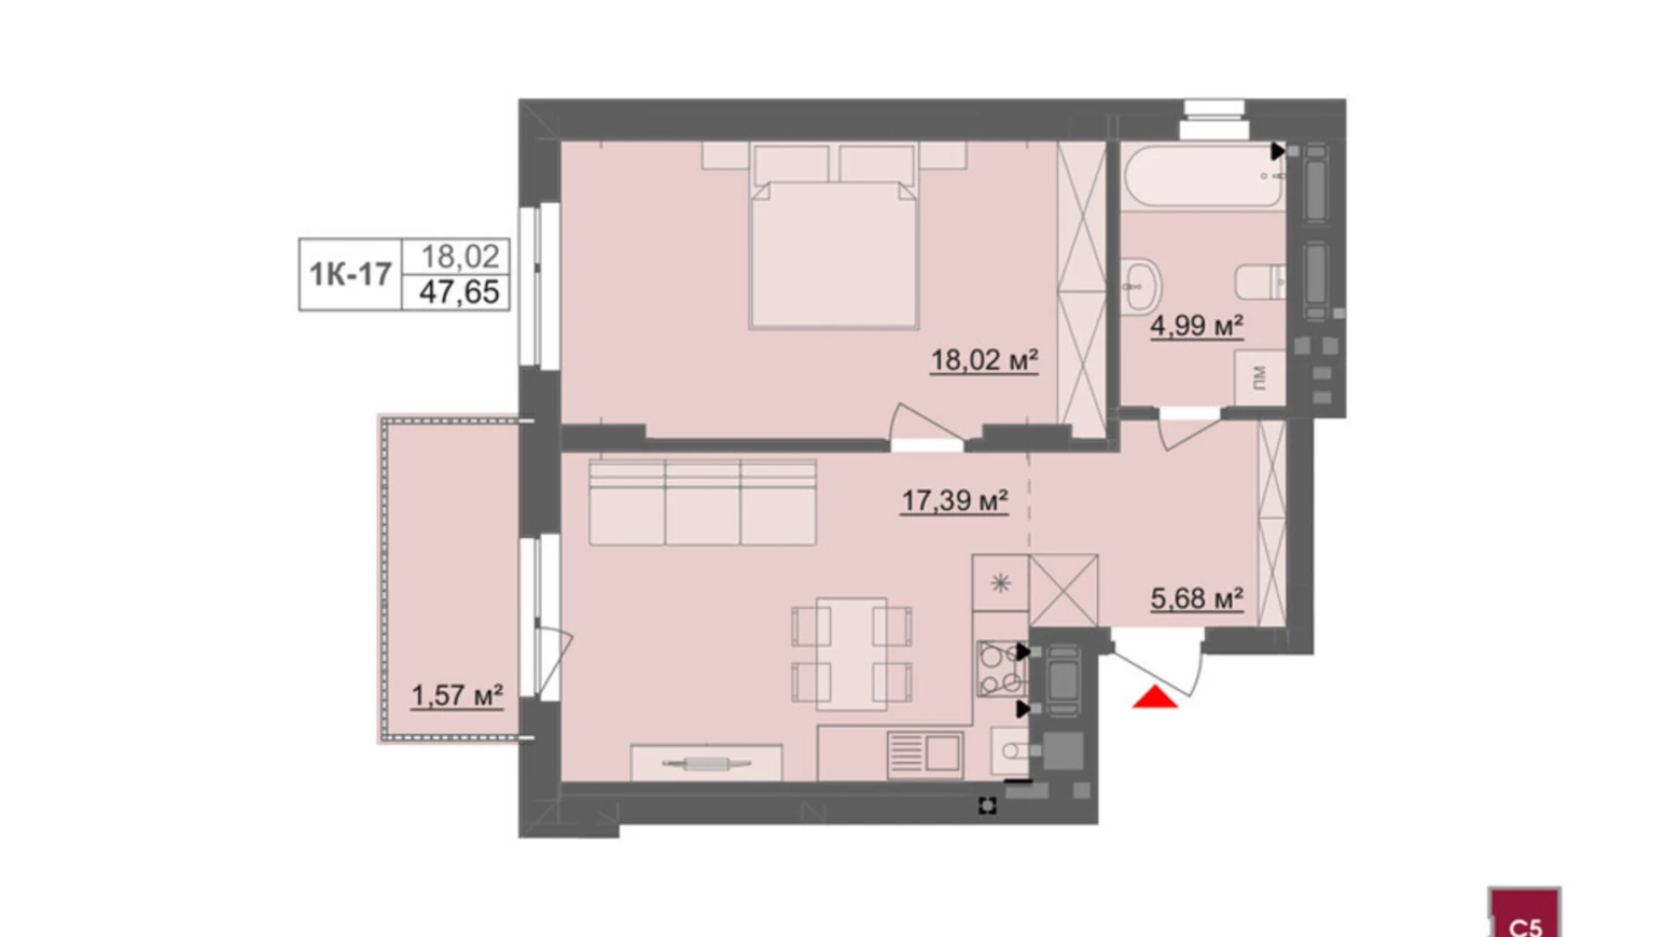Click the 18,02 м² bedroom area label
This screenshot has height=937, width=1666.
[983, 361]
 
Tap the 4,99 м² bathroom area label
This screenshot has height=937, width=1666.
[1196, 325]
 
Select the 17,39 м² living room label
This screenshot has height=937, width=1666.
[954, 501]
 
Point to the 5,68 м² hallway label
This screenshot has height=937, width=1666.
[1197, 598]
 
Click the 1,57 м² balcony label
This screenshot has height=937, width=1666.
[457, 696]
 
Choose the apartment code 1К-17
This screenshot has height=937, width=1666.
[350, 274]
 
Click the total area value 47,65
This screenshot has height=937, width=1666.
[458, 292]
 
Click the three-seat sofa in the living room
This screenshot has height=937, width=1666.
[702, 502]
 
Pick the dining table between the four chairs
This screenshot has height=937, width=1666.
[852, 653]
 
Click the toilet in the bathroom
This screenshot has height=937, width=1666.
[1260, 281]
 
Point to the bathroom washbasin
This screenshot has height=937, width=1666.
[1141, 286]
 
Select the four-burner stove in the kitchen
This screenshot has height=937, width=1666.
[1001, 669]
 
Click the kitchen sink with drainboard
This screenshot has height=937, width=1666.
[925, 753]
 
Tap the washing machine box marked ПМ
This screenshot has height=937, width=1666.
[1260, 377]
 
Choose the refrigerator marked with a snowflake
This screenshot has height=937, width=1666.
[1001, 583]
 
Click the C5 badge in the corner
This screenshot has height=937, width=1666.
[1524, 914]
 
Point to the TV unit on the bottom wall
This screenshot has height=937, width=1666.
[706, 763]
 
